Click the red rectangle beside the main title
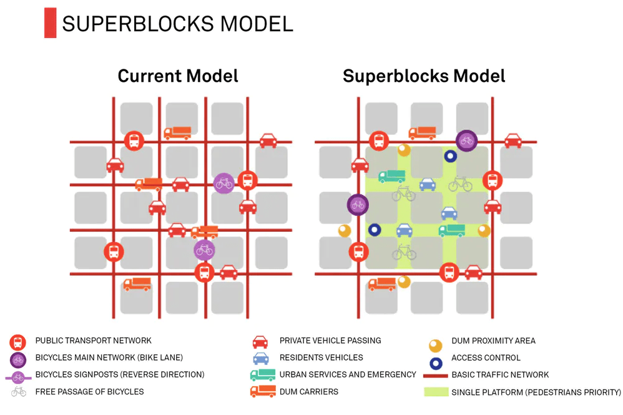(x=50, y=22)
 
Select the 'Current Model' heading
(x=178, y=76)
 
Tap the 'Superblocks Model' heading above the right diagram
(x=424, y=76)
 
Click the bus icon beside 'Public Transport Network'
(x=18, y=342)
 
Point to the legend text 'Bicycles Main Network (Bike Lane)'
(x=109, y=357)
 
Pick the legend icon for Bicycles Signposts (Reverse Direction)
(x=18, y=376)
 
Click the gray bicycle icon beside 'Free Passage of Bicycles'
(x=19, y=392)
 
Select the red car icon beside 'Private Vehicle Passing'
(x=260, y=342)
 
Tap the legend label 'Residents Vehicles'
(x=321, y=357)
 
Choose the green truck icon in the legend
(x=262, y=375)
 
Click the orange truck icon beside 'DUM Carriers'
(x=262, y=392)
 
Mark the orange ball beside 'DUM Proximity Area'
(x=435, y=346)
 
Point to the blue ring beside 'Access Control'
(x=435, y=362)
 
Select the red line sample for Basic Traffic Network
(x=435, y=376)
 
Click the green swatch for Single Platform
(x=435, y=392)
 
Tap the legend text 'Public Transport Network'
(x=94, y=341)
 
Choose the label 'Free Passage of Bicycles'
(x=90, y=392)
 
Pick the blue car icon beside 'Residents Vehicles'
(x=260, y=359)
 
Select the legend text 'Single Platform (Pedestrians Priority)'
(x=536, y=392)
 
